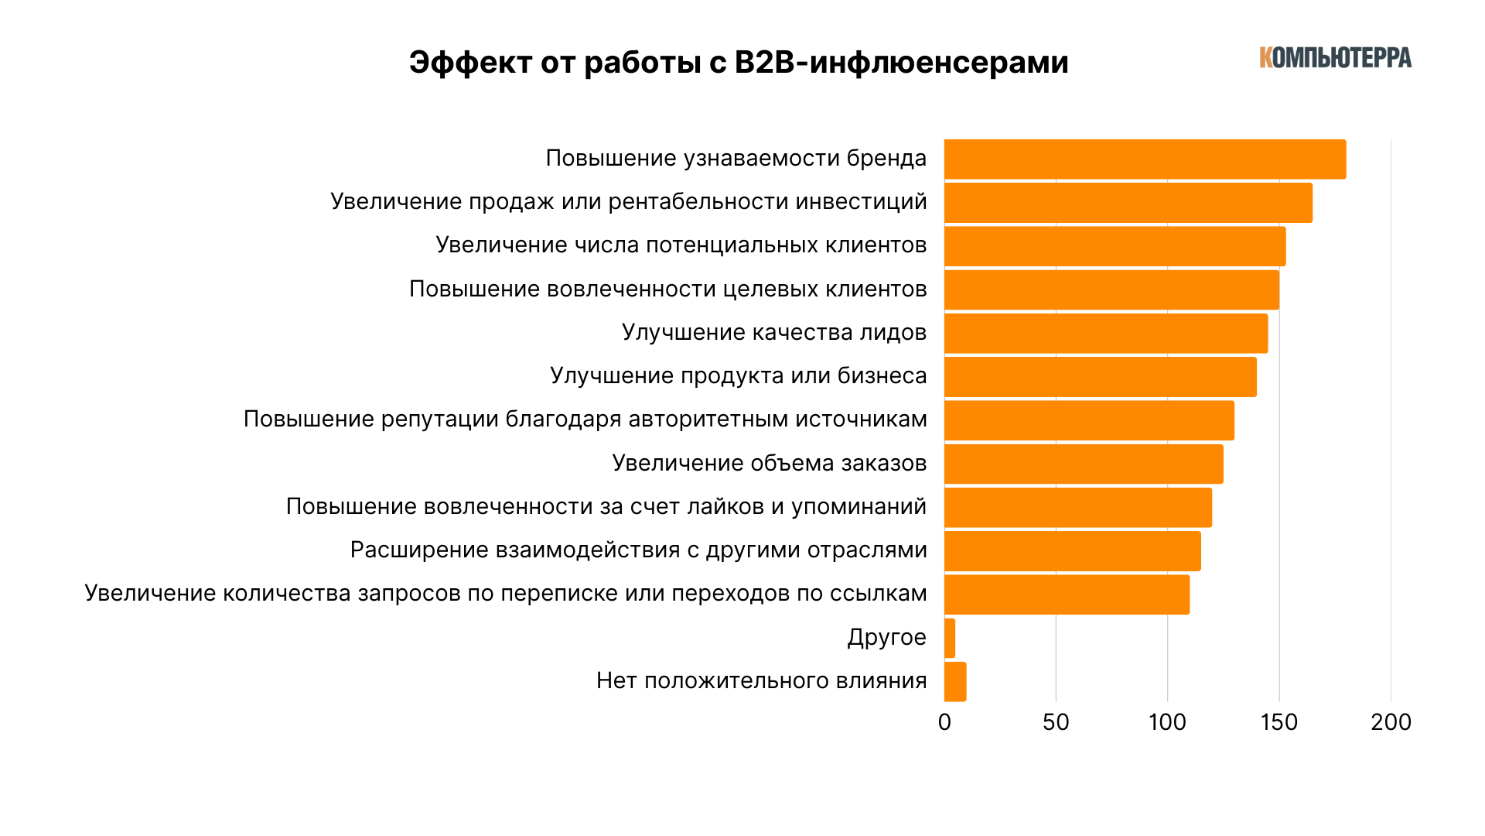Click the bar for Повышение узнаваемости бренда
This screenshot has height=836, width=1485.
1145,159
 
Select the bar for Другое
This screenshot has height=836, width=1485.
950,638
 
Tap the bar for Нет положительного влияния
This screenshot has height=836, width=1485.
955,681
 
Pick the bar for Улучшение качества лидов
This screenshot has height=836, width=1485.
1106,333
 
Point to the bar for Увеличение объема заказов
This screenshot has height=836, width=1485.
1084,464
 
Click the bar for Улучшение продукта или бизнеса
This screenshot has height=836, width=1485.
1100,377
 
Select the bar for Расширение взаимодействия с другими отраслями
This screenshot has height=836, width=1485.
1072,550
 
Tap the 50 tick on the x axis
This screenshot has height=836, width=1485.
1056,722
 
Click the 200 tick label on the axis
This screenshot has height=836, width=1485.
1391,722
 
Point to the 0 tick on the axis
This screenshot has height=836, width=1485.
944,722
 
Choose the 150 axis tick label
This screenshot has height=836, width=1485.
1278,722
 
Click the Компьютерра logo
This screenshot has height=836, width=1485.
1335,58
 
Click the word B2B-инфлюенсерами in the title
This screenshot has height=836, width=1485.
901,63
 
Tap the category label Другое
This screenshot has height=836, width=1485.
886,637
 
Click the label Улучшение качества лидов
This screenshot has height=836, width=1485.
773,332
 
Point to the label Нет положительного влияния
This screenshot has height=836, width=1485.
761,680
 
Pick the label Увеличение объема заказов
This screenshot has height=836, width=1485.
769,463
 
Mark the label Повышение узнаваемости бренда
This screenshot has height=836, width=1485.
736,158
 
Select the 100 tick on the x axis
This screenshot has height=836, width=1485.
1167,722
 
